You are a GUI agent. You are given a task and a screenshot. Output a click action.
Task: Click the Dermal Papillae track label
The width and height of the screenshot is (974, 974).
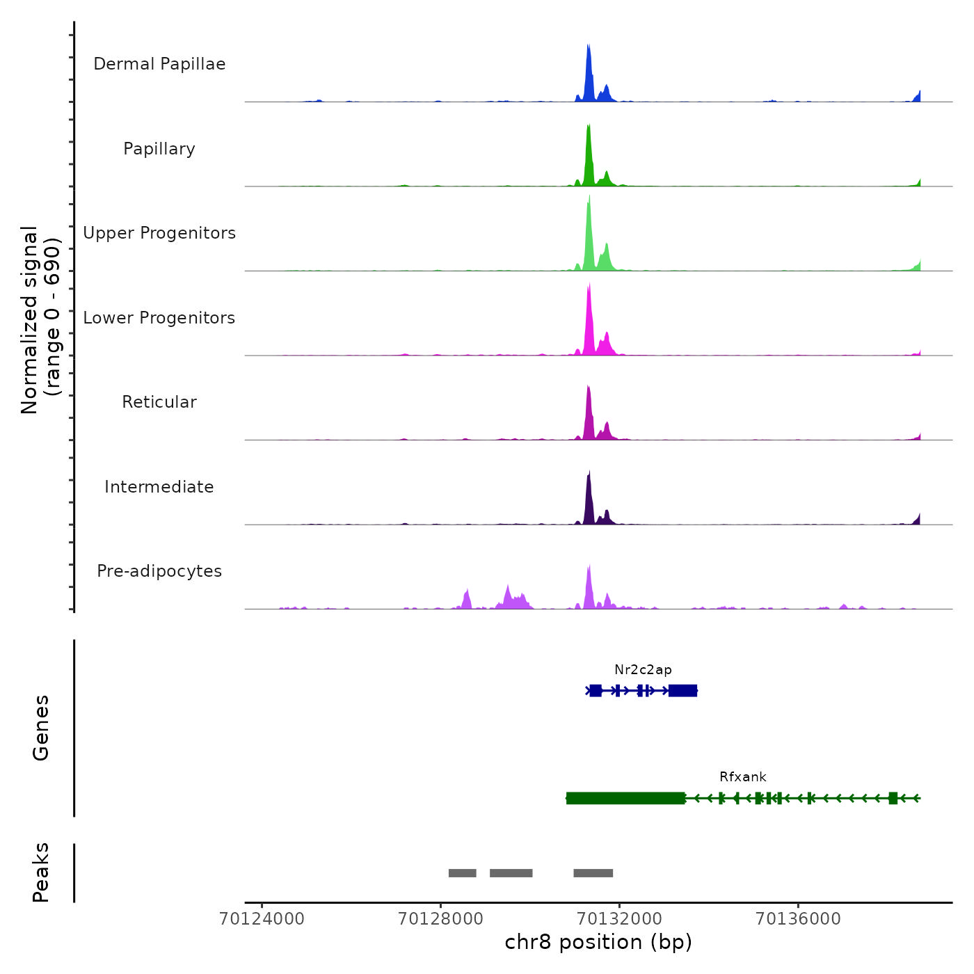pyautogui.click(x=159, y=64)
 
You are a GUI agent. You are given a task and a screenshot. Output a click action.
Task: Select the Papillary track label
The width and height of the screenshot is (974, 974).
pyautogui.click(x=159, y=149)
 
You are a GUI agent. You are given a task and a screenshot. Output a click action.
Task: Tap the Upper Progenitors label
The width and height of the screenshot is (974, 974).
pyautogui.click(x=159, y=233)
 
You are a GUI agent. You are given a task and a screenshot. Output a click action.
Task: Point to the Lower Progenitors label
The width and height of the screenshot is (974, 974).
pyautogui.click(x=159, y=318)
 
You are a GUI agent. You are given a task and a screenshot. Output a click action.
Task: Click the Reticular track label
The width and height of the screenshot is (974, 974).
pyautogui.click(x=159, y=402)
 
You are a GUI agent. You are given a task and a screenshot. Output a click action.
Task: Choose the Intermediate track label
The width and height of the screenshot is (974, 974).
pyautogui.click(x=159, y=487)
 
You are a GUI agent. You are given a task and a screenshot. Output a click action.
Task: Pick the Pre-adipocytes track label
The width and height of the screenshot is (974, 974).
pyautogui.click(x=159, y=571)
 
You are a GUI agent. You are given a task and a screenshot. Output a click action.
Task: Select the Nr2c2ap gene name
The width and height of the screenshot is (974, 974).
pyautogui.click(x=643, y=670)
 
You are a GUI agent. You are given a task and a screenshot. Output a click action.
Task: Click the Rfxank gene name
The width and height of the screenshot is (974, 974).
pyautogui.click(x=742, y=777)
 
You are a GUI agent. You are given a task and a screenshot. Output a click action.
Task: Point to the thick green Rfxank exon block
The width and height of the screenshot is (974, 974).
pyautogui.click(x=625, y=798)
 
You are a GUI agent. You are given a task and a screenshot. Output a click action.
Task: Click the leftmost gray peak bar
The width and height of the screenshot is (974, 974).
pyautogui.click(x=462, y=873)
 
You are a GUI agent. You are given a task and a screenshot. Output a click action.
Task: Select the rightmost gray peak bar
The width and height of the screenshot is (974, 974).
pyautogui.click(x=593, y=873)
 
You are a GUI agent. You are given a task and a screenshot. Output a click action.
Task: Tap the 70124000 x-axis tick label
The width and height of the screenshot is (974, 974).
pyautogui.click(x=262, y=919)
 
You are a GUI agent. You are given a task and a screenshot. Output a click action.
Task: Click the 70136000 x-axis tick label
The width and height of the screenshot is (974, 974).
pyautogui.click(x=798, y=919)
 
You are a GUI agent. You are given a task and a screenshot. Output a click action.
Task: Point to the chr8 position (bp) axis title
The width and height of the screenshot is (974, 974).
pyautogui.click(x=598, y=942)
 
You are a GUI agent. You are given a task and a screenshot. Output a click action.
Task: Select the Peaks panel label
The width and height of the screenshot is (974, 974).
pyautogui.click(x=41, y=872)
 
